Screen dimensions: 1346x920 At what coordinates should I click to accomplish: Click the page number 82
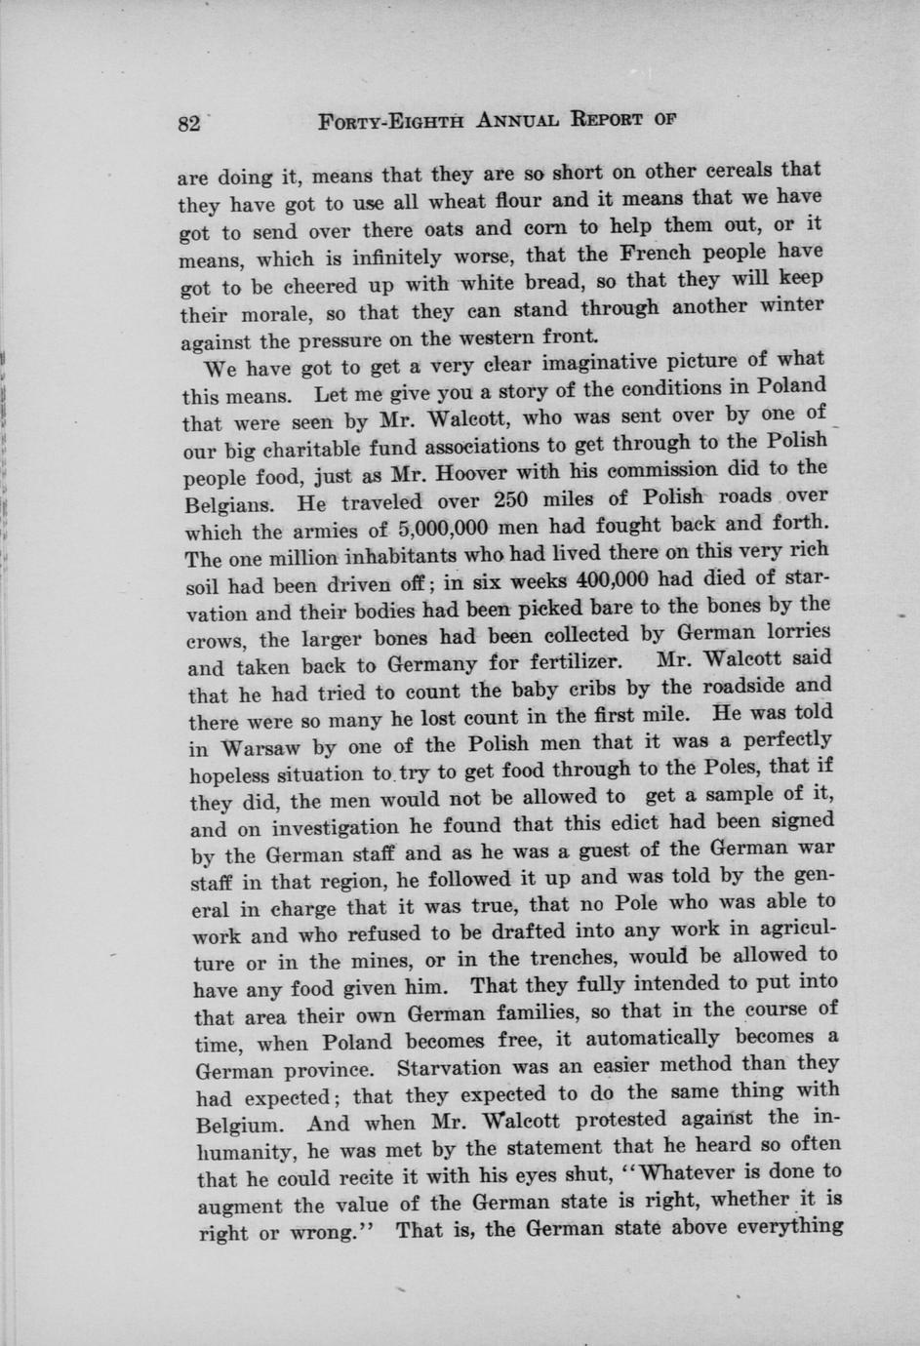point(188,124)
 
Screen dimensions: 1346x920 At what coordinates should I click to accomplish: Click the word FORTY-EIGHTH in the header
point(391,121)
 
